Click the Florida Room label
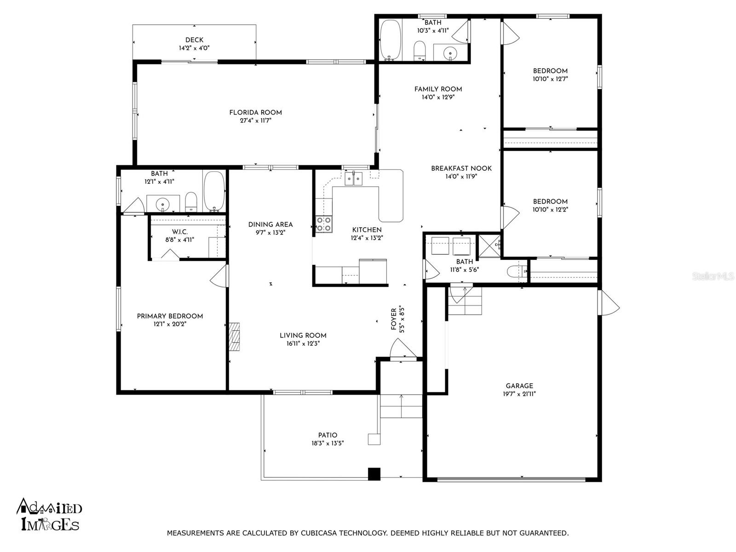coord(255,113)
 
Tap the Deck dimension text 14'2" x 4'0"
coord(194,48)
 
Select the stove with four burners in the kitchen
coord(324,224)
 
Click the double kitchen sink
coord(354,178)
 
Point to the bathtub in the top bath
coord(390,40)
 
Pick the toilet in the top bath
coord(420,51)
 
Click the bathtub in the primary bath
coord(215,191)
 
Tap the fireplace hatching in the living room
coord(235,337)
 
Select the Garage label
coord(519,386)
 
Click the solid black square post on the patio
coord(374,474)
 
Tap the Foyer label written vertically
coord(394,319)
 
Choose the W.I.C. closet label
coord(180,232)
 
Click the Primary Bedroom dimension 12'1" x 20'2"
coord(170,324)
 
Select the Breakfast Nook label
coord(461,168)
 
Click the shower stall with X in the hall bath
coord(490,246)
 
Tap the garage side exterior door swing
coord(609,302)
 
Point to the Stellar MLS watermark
coord(713,276)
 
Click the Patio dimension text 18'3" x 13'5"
coord(328,443)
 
